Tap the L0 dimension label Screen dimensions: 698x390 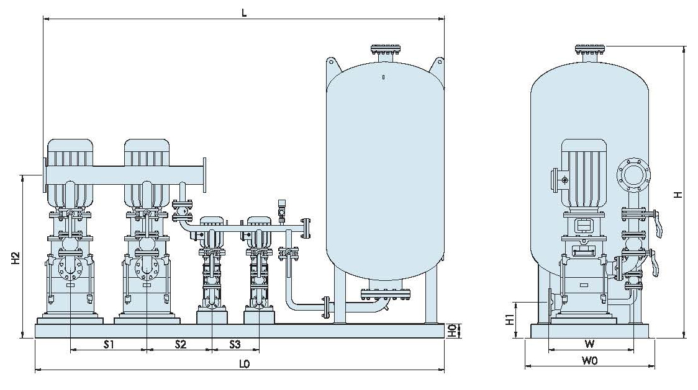click(x=244, y=364)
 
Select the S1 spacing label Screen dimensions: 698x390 click(x=109, y=343)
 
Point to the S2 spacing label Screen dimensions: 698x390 click(x=180, y=343)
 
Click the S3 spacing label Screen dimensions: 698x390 click(x=235, y=343)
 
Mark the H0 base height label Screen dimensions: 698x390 click(x=452, y=330)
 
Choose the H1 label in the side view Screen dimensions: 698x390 click(x=510, y=320)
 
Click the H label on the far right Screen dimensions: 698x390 click(x=678, y=194)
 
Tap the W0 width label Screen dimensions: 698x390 click(x=589, y=361)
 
